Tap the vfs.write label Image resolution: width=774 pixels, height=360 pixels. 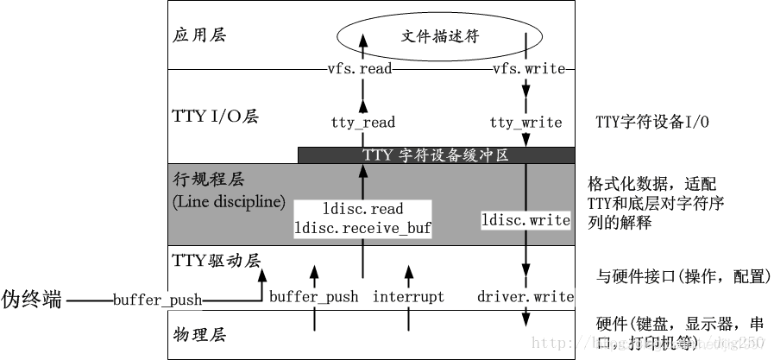click(x=528, y=69)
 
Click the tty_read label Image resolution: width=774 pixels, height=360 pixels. click(x=362, y=123)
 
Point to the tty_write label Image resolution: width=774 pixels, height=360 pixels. click(x=525, y=123)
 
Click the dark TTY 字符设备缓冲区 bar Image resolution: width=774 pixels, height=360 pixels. click(x=436, y=155)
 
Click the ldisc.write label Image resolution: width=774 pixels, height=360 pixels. click(x=525, y=220)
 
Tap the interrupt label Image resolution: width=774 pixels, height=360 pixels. click(x=408, y=297)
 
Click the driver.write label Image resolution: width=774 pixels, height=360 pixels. click(x=525, y=297)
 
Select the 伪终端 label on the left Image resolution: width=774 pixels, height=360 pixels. click(x=31, y=300)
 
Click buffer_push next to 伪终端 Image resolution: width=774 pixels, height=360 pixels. click(x=157, y=300)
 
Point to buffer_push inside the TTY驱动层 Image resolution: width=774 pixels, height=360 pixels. click(x=313, y=297)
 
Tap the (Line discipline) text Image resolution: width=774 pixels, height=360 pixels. click(x=229, y=201)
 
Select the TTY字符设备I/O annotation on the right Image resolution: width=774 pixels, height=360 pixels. click(x=652, y=123)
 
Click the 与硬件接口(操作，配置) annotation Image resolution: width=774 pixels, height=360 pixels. click(x=682, y=277)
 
